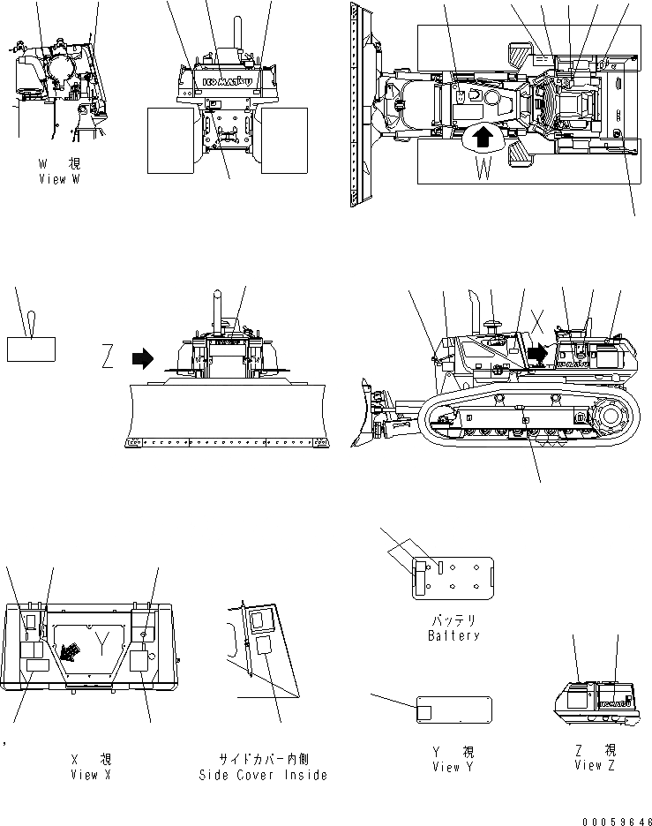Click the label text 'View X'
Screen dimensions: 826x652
tap(91, 775)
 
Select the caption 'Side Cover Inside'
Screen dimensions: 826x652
tap(263, 775)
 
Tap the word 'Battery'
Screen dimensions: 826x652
tap(453, 635)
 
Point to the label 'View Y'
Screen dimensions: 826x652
tap(453, 767)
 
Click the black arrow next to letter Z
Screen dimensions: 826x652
tap(141, 358)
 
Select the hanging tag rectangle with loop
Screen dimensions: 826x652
tap(31, 348)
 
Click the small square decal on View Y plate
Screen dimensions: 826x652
tap(423, 710)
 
